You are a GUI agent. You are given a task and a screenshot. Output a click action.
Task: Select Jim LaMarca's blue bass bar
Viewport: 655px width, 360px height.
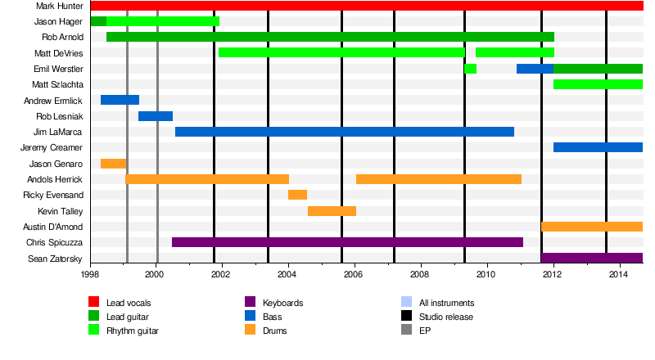point(344,132)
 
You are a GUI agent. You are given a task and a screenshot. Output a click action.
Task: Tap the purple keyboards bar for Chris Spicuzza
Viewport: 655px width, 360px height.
point(347,242)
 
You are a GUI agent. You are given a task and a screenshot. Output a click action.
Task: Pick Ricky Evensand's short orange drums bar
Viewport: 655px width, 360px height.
point(297,195)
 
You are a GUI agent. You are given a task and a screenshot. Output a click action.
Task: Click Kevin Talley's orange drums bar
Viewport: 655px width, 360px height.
point(332,211)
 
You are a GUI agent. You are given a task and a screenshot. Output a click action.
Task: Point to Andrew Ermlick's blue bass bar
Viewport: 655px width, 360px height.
point(120,100)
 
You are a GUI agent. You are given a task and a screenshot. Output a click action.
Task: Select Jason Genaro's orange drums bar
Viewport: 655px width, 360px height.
point(113,164)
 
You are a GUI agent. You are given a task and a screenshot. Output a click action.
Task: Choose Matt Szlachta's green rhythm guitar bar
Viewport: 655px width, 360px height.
point(598,84)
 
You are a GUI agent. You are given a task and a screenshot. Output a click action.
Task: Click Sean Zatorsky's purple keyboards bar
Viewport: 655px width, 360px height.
point(592,258)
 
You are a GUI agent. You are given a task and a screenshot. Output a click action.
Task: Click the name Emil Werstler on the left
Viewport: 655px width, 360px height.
point(56,69)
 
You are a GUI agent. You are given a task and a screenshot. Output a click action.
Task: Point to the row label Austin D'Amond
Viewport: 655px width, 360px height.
point(52,227)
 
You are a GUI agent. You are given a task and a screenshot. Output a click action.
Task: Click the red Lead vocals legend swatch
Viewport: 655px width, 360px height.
point(94,303)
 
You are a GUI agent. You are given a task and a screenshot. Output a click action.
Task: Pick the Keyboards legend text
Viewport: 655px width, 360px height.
point(283,304)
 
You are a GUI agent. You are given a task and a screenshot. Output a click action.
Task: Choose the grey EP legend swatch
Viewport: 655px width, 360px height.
point(405,331)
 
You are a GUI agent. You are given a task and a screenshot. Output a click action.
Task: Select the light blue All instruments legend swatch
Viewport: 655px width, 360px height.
point(405,303)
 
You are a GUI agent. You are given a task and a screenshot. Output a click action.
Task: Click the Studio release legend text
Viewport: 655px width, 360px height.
point(446,317)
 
